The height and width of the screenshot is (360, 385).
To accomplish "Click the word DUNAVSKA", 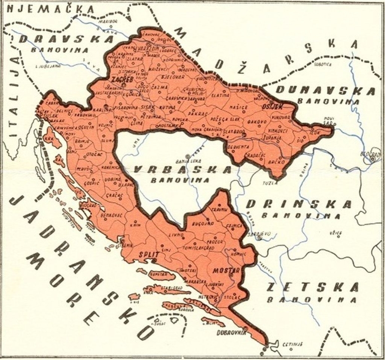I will [326, 91].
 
